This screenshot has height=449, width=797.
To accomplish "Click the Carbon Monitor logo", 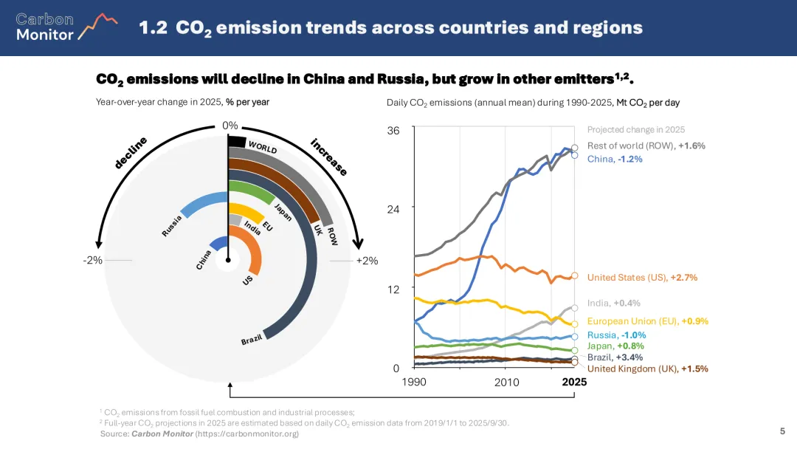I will coord(66,27).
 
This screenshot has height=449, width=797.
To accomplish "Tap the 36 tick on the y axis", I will coord(393,131).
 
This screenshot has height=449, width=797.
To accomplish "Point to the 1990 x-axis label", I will coord(414,382).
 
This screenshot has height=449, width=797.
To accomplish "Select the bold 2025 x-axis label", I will coord(574,382).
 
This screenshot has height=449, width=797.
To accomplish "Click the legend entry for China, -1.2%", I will coord(615,159).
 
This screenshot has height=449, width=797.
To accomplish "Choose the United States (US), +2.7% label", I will coord(642,278).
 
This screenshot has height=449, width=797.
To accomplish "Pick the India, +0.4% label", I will coord(613,303).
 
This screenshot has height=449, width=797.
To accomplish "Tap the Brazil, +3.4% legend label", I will coord(615,357).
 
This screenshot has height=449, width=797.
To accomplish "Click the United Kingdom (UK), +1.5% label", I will coord(647,369).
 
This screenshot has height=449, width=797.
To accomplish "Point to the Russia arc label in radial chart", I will coord(172,225).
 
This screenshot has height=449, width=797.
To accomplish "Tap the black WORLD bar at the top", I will coord(237,141).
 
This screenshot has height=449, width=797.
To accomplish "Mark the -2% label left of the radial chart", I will coord(93,261).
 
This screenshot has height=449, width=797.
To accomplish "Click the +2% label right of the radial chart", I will coord(367,261).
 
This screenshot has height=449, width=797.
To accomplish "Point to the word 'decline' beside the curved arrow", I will coord(131,153).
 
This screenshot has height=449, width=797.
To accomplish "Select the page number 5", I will coord(782,431).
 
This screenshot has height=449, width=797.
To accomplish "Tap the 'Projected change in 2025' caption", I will coord(635,130).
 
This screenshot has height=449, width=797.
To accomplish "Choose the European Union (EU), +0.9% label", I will coord(647,321).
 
